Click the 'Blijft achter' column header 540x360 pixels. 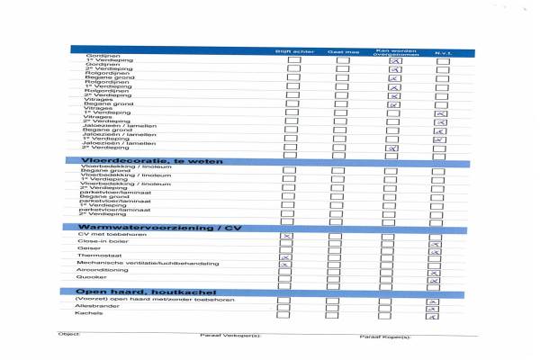[294, 51]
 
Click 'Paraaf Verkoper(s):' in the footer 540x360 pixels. [229, 337]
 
